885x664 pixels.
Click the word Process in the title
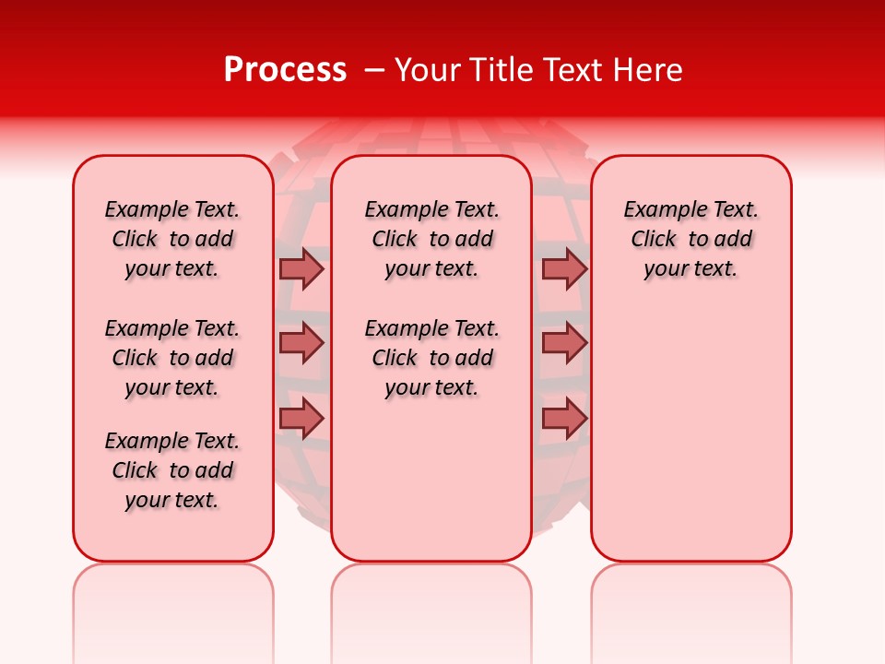(285, 70)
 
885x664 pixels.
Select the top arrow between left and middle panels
(301, 268)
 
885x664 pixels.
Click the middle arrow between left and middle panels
(301, 343)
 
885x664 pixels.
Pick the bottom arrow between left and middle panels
(301, 418)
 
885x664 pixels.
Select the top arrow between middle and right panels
(564, 268)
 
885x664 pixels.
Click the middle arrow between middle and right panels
(564, 343)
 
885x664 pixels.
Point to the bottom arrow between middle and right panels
(564, 418)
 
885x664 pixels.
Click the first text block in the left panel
(172, 239)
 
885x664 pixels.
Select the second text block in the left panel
(172, 358)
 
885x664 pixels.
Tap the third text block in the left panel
(172, 470)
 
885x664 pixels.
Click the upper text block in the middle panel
(431, 239)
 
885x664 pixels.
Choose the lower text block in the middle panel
(431, 358)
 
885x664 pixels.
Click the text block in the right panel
(690, 239)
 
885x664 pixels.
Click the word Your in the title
(428, 70)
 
